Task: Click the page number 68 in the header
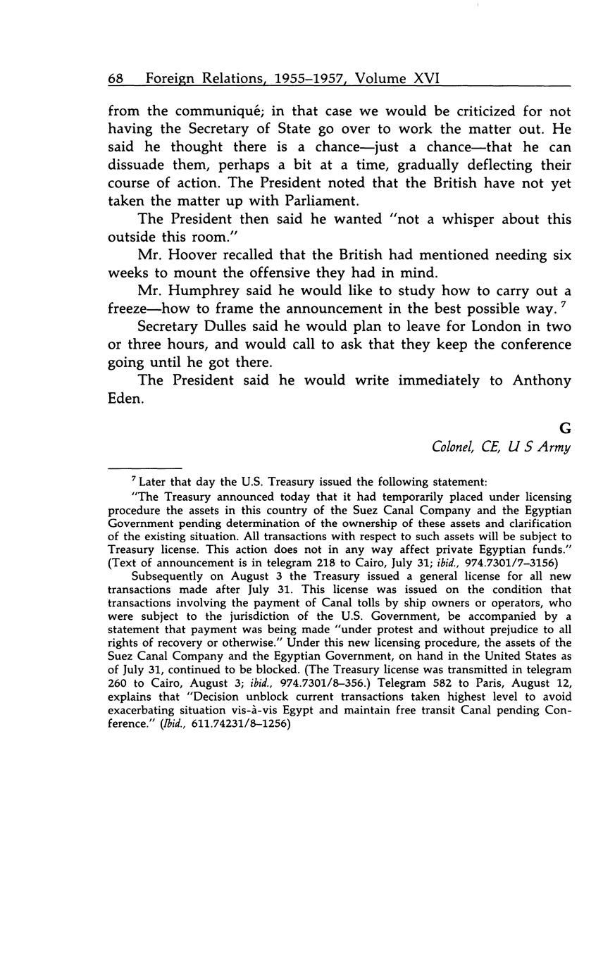point(116,79)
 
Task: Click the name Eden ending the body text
point(125,399)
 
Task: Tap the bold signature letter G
point(564,428)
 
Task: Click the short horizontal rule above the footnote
point(144,467)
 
